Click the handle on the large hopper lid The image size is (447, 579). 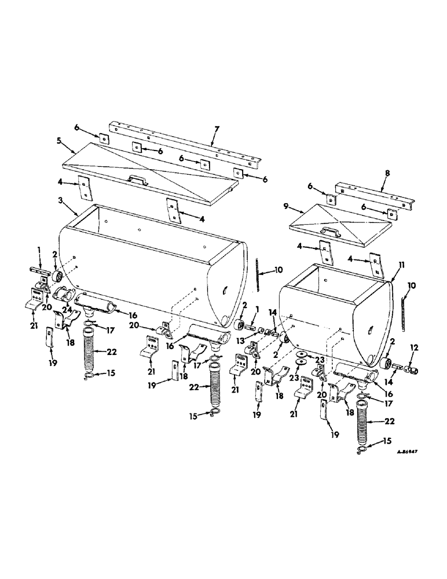tap(137, 180)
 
